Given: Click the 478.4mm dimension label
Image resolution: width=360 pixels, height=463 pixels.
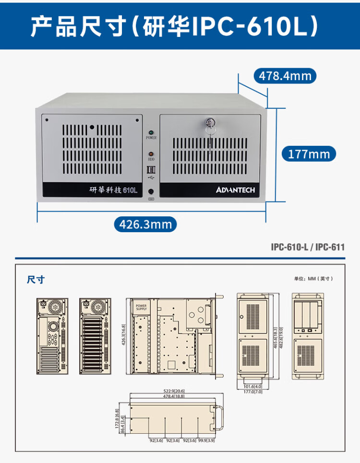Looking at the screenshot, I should (x=285, y=76).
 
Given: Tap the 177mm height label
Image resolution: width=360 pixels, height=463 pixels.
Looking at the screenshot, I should (x=309, y=154).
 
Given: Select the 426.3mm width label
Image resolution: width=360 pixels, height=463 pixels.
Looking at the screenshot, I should (x=145, y=224).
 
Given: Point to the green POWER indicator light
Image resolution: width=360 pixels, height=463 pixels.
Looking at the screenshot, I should (x=151, y=131).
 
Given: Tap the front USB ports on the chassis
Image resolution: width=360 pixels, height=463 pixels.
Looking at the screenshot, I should (x=151, y=170).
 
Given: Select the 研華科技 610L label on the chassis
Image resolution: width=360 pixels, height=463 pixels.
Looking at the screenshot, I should (x=114, y=190).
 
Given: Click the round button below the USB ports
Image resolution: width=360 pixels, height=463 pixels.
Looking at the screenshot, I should (x=152, y=191).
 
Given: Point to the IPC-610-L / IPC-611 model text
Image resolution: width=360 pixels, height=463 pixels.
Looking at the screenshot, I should (x=308, y=247).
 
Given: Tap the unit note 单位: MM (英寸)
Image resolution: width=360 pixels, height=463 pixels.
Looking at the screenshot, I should (x=313, y=278).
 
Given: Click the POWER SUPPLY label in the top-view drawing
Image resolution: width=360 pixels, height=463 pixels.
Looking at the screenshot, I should (x=142, y=307).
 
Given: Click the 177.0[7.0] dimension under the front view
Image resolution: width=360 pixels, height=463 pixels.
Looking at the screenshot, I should (x=252, y=392).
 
